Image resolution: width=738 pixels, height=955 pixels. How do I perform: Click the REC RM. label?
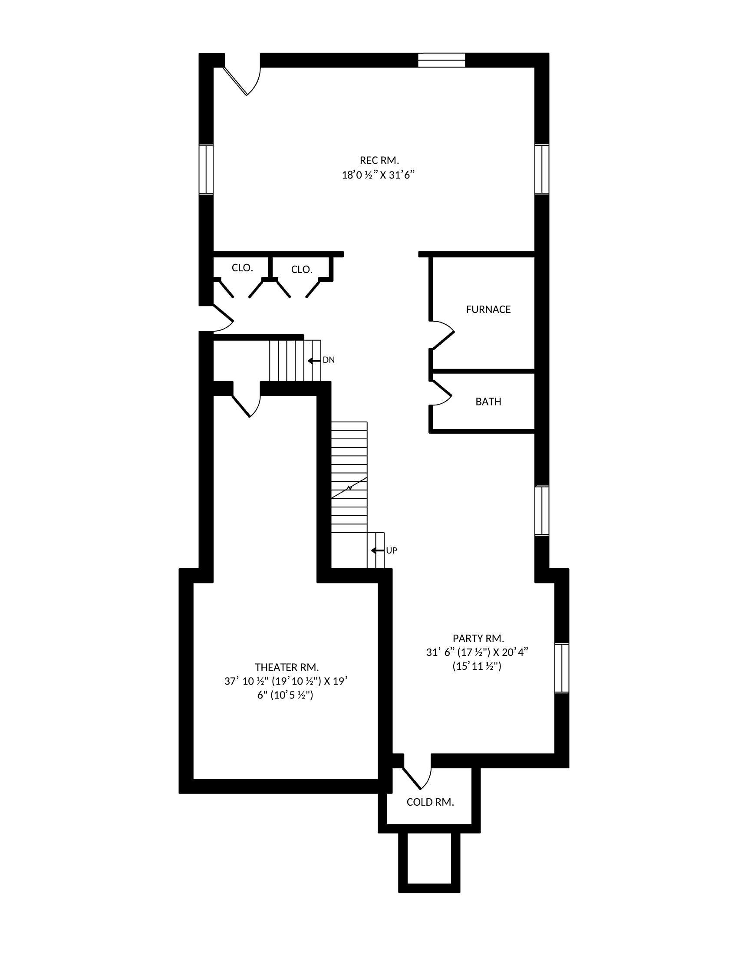click(x=379, y=161)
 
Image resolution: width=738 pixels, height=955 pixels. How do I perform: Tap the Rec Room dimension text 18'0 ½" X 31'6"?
click(x=378, y=175)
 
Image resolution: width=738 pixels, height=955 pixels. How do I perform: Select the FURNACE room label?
click(x=488, y=310)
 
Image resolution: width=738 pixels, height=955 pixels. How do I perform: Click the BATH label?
click(x=488, y=402)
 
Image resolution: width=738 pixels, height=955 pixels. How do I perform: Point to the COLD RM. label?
click(x=430, y=802)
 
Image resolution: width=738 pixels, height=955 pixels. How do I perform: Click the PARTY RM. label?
click(x=478, y=638)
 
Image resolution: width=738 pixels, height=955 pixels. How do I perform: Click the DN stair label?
click(x=329, y=360)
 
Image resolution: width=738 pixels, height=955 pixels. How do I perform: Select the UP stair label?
click(x=391, y=550)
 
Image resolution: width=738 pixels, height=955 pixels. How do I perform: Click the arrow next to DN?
click(x=314, y=361)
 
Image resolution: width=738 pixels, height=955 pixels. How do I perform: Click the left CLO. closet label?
click(x=242, y=268)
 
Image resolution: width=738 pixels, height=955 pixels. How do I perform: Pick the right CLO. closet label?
click(x=302, y=270)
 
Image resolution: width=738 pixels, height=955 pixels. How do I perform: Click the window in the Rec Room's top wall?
click(x=441, y=60)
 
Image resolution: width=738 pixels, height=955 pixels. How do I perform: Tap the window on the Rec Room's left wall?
click(x=206, y=169)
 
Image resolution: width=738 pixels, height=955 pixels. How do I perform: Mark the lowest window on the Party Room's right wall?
click(x=562, y=668)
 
